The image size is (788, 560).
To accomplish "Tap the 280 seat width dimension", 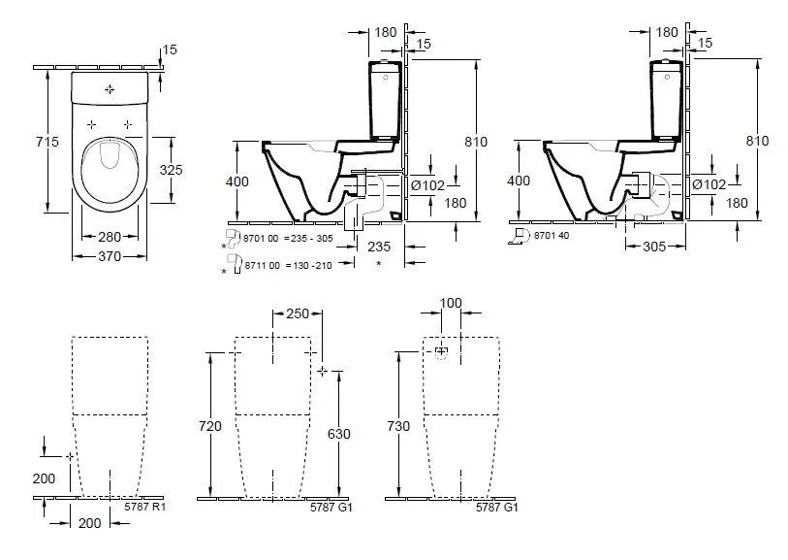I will point(108,237).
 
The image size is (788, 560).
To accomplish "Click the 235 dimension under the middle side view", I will point(379,247).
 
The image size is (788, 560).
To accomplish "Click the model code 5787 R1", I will point(147,506).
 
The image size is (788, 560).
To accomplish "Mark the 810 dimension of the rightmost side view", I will point(757,141).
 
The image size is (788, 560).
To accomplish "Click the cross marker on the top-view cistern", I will point(109,89).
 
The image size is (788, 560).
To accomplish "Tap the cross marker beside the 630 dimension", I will point(323,372).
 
